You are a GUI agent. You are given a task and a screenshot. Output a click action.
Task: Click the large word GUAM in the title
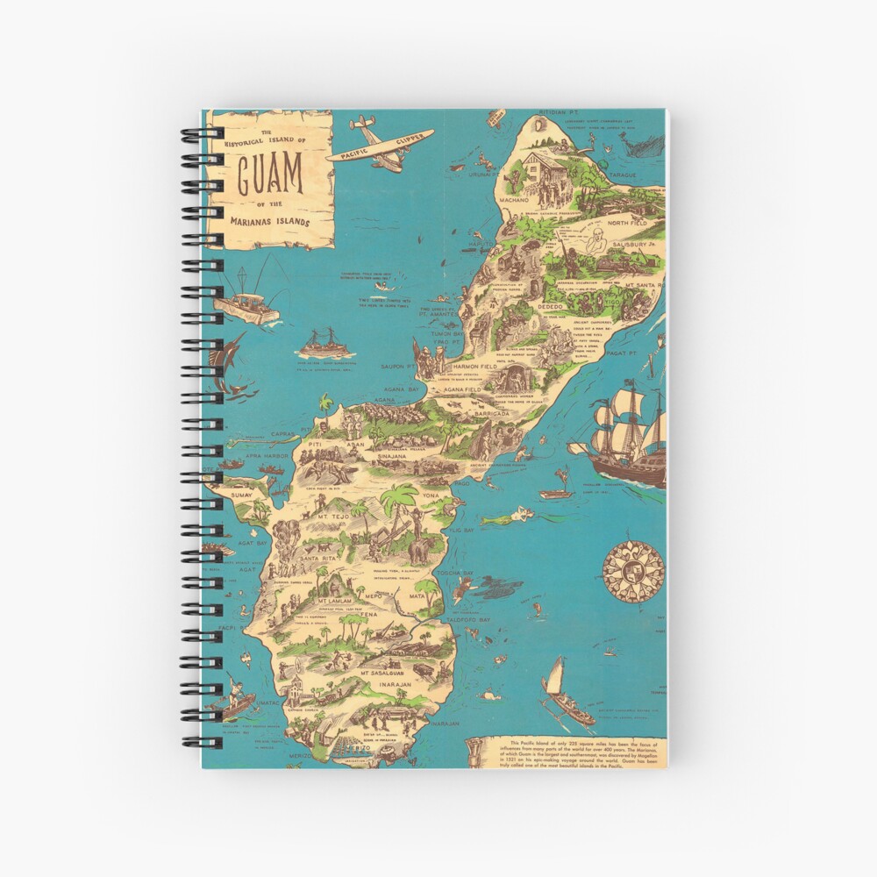pos(270,175)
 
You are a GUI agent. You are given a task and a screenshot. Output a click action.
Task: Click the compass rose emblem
pos(633,571)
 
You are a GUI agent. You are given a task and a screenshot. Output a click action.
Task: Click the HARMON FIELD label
pos(477,365)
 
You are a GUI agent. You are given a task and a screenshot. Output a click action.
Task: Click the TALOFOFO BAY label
pos(467,619)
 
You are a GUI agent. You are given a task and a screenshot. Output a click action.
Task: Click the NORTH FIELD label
pos(626,224)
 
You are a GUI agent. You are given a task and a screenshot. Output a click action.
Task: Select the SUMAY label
pos(241,496)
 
